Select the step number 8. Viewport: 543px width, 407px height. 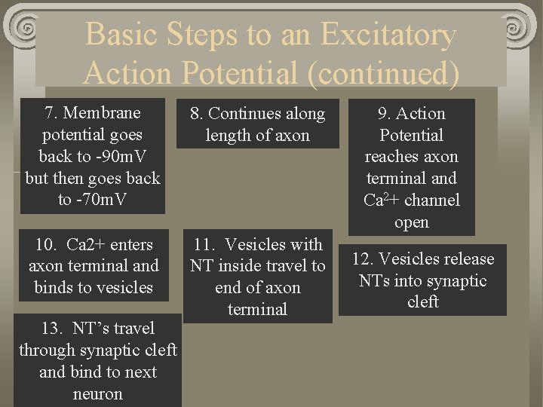197,114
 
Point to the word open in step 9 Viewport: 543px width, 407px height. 411,222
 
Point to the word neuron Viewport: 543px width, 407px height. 97,393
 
